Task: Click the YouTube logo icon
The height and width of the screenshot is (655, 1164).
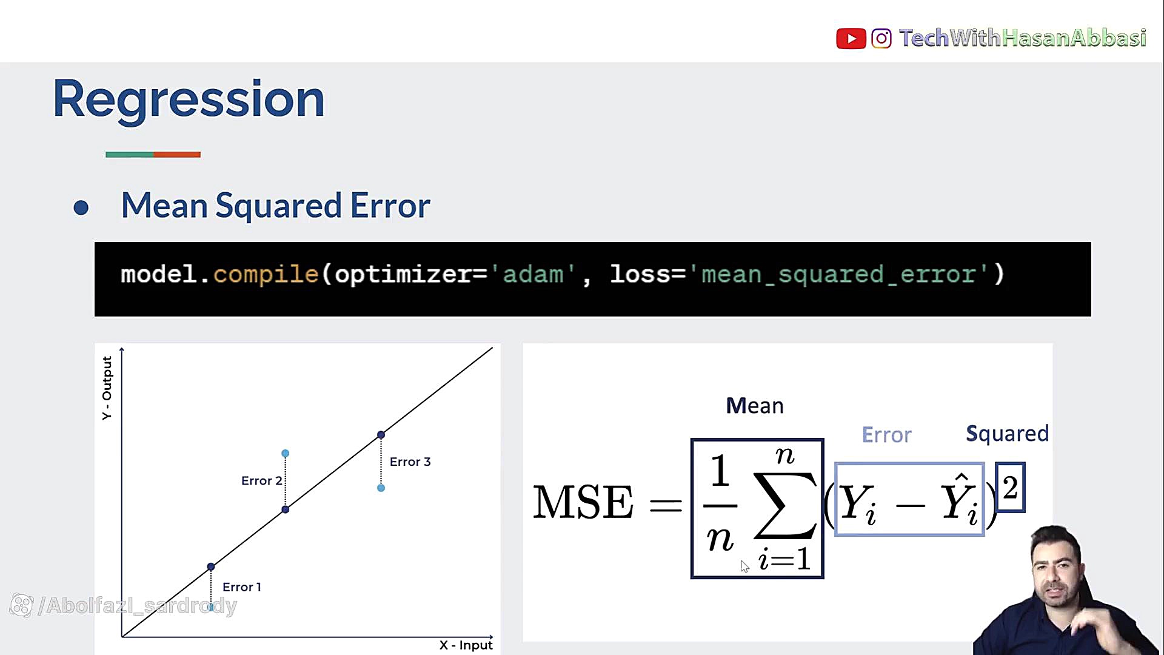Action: coord(851,39)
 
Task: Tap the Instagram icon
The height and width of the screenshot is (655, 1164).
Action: coord(881,39)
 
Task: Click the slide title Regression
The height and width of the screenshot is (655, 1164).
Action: coord(189,99)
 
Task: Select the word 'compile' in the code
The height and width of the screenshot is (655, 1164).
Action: coord(266,274)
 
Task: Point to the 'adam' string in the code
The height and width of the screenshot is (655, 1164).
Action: coord(533,274)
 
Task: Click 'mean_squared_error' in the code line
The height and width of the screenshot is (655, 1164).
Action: coord(838,274)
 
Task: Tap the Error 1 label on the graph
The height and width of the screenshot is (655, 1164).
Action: coord(242,587)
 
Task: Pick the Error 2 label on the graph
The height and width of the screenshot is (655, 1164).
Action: coord(261,481)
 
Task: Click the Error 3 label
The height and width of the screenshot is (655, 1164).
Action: coord(410,462)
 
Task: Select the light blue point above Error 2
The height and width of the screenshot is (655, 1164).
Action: coord(286,454)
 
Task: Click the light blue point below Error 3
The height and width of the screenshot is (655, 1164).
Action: coord(381,488)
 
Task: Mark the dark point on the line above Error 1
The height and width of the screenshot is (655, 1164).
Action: coord(211,567)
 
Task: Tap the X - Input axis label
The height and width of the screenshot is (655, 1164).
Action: coord(466,645)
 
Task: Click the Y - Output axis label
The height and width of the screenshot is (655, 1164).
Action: coord(107,388)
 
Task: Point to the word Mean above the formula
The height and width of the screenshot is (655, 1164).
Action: coord(755,406)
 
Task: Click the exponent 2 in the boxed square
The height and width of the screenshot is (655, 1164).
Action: coord(1010,488)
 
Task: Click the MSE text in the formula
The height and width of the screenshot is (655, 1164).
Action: coord(583,502)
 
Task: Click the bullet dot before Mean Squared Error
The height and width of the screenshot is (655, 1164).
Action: coord(81,208)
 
